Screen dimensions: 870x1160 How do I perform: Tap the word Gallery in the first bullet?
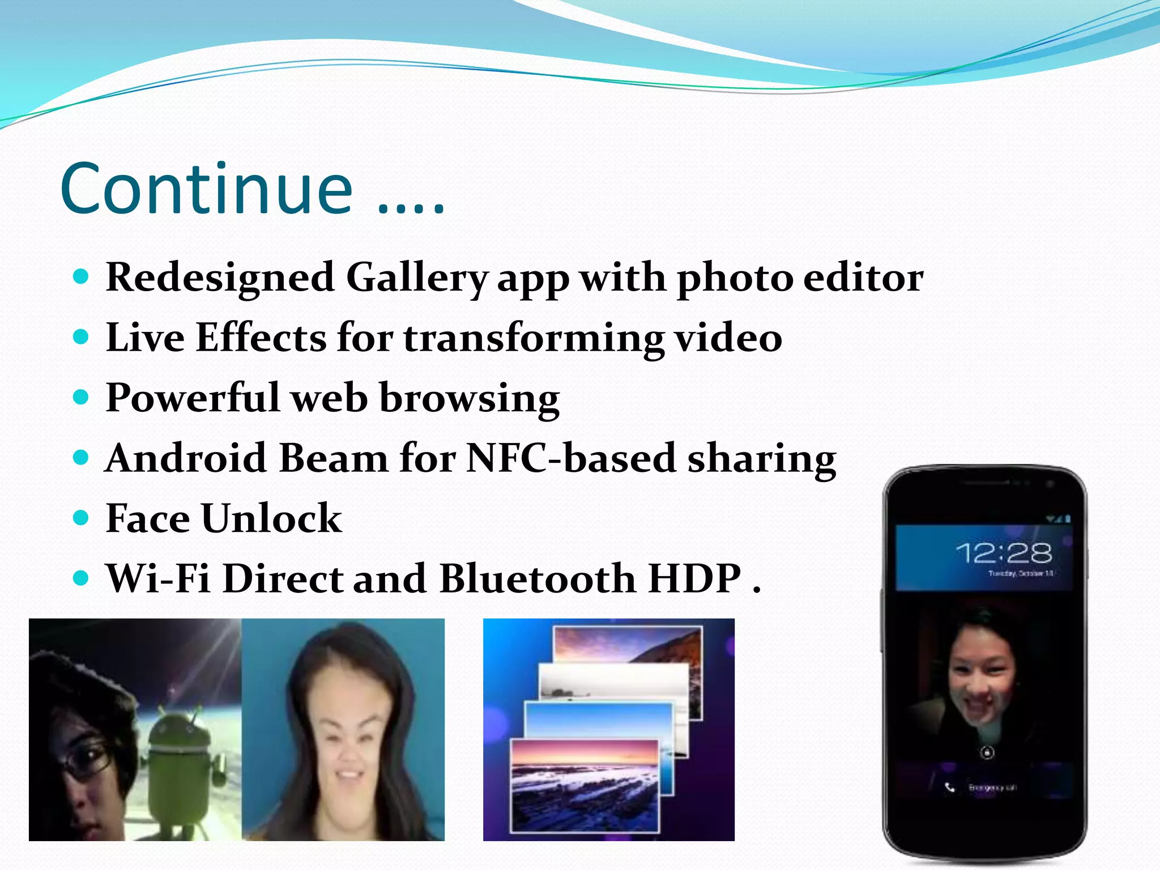coord(416,278)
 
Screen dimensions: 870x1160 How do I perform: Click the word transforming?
coord(533,338)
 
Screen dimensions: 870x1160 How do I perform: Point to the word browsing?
coord(469,398)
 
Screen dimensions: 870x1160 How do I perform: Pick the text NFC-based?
coord(571,458)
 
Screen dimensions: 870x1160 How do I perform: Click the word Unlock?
coord(272,518)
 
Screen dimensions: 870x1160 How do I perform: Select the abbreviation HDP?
coord(694,578)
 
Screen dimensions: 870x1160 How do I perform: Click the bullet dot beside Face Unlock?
coord(82,517)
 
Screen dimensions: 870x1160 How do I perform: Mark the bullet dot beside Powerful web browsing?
coord(82,396)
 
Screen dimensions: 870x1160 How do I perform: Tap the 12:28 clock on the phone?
coord(1004,553)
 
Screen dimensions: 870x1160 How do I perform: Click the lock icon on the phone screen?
coord(987,753)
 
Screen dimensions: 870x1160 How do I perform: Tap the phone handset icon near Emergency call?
coord(950,787)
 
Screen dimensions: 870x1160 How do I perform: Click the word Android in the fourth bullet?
coord(186,458)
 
